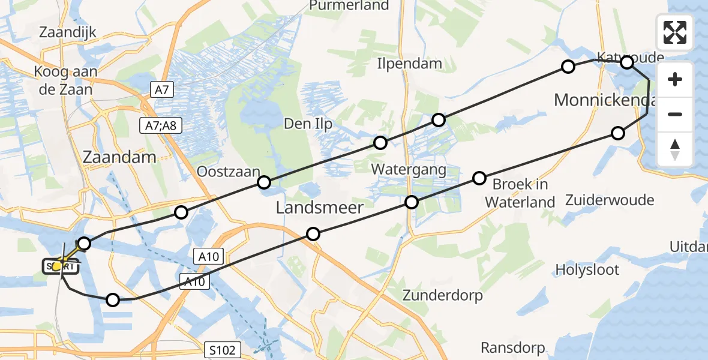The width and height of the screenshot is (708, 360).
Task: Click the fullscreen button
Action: coord(675,32)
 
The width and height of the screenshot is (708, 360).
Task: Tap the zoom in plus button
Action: coord(675,80)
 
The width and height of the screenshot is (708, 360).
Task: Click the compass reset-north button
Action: coord(675,149)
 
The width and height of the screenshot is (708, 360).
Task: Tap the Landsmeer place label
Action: coord(319,208)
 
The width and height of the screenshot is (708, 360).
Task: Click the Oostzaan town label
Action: coord(224,172)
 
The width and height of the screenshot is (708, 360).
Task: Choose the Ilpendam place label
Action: coord(410,64)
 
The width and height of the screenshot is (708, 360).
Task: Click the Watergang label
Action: coord(409,170)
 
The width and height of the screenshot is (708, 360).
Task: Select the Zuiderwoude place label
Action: coord(610,200)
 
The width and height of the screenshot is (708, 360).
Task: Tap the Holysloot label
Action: coord(587,269)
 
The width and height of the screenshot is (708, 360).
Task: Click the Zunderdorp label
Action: coord(443,295)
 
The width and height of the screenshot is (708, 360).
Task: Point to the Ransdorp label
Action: coord(513,347)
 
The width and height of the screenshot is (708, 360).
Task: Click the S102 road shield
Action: coord(222,349)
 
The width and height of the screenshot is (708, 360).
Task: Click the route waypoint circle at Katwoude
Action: coord(626,62)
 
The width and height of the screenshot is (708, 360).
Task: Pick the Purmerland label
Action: coord(349,6)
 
